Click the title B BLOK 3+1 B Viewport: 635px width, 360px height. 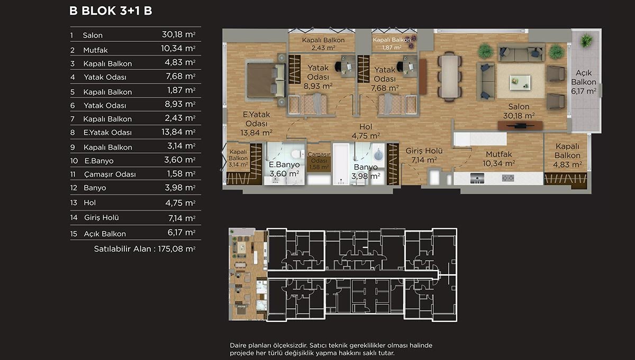(x=111, y=11)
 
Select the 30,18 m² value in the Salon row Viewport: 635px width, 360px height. (x=179, y=34)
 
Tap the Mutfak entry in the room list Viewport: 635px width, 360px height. (x=95, y=50)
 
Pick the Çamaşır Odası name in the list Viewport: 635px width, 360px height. (x=110, y=174)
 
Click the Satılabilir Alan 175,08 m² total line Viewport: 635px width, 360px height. (x=144, y=249)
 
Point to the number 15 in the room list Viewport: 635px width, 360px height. (x=74, y=234)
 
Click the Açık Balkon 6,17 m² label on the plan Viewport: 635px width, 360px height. (x=583, y=82)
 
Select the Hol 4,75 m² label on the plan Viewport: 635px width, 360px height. (x=366, y=131)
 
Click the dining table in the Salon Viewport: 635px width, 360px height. (x=450, y=76)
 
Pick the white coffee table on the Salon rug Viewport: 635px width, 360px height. (x=520, y=82)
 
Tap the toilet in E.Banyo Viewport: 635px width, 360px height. (x=297, y=155)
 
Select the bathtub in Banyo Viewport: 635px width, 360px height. (x=341, y=164)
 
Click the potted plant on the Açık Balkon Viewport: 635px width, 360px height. (x=586, y=41)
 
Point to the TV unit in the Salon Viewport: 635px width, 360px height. (x=520, y=125)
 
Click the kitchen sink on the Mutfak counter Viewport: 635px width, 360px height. (x=477, y=178)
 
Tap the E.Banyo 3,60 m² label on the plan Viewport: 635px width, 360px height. (x=284, y=169)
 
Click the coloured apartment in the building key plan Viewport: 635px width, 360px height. (x=248, y=274)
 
